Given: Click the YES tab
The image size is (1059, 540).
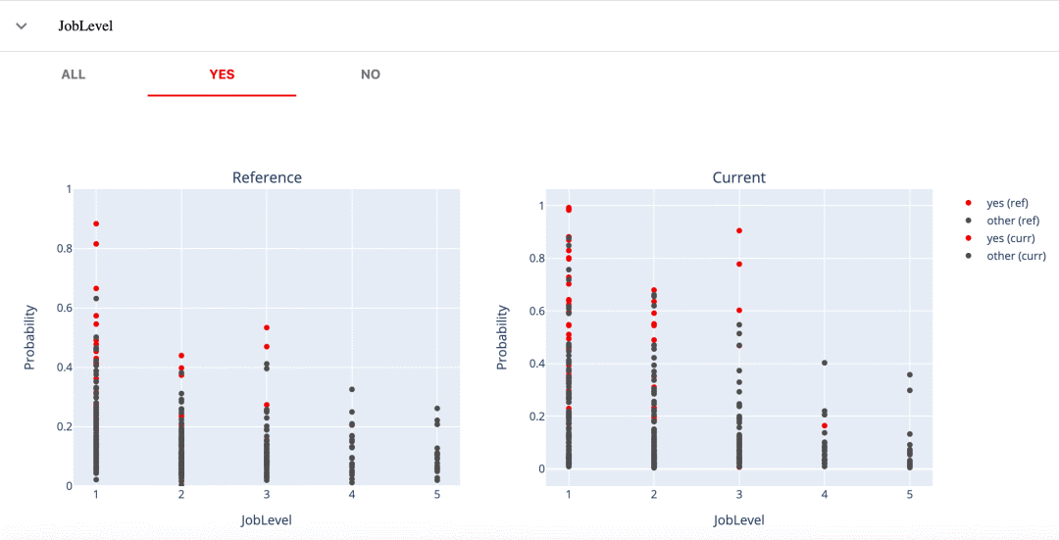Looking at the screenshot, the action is pos(222,74).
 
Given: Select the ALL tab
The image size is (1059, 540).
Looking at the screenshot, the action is pos(74,74).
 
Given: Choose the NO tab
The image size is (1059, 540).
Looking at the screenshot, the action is pos(370,74).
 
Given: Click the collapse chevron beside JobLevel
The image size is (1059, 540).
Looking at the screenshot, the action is pos(22,26).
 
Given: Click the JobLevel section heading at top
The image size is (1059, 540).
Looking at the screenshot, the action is pos(85,26).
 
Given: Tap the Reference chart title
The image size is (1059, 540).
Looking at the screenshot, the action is pos(267,177).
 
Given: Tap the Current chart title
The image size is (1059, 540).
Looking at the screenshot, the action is pos(739,177).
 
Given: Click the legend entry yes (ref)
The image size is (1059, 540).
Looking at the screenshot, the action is pos(1007,203).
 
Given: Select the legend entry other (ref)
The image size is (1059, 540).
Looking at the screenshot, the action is pos(1012,221).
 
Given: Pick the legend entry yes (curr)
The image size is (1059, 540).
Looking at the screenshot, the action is pos(1010,238).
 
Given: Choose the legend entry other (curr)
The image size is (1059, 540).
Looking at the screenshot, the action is pos(1016,256).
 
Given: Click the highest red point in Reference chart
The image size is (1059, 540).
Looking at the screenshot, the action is pos(96,223).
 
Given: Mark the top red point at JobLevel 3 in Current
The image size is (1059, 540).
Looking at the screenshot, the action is pos(739,231).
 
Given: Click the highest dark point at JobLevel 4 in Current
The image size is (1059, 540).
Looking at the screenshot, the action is pos(825,364).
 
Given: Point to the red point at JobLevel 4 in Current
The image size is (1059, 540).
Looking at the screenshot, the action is pos(825,426).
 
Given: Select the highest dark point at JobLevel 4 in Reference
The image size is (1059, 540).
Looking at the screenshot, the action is pos(352,389).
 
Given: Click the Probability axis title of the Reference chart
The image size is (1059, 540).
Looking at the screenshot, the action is pos(29,337).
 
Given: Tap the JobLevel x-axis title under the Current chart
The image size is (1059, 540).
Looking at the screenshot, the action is pos(739,520).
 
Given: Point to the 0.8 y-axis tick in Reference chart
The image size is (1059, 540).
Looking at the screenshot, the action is pos(64,248).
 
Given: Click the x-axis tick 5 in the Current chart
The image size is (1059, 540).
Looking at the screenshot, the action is pos(910,495).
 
